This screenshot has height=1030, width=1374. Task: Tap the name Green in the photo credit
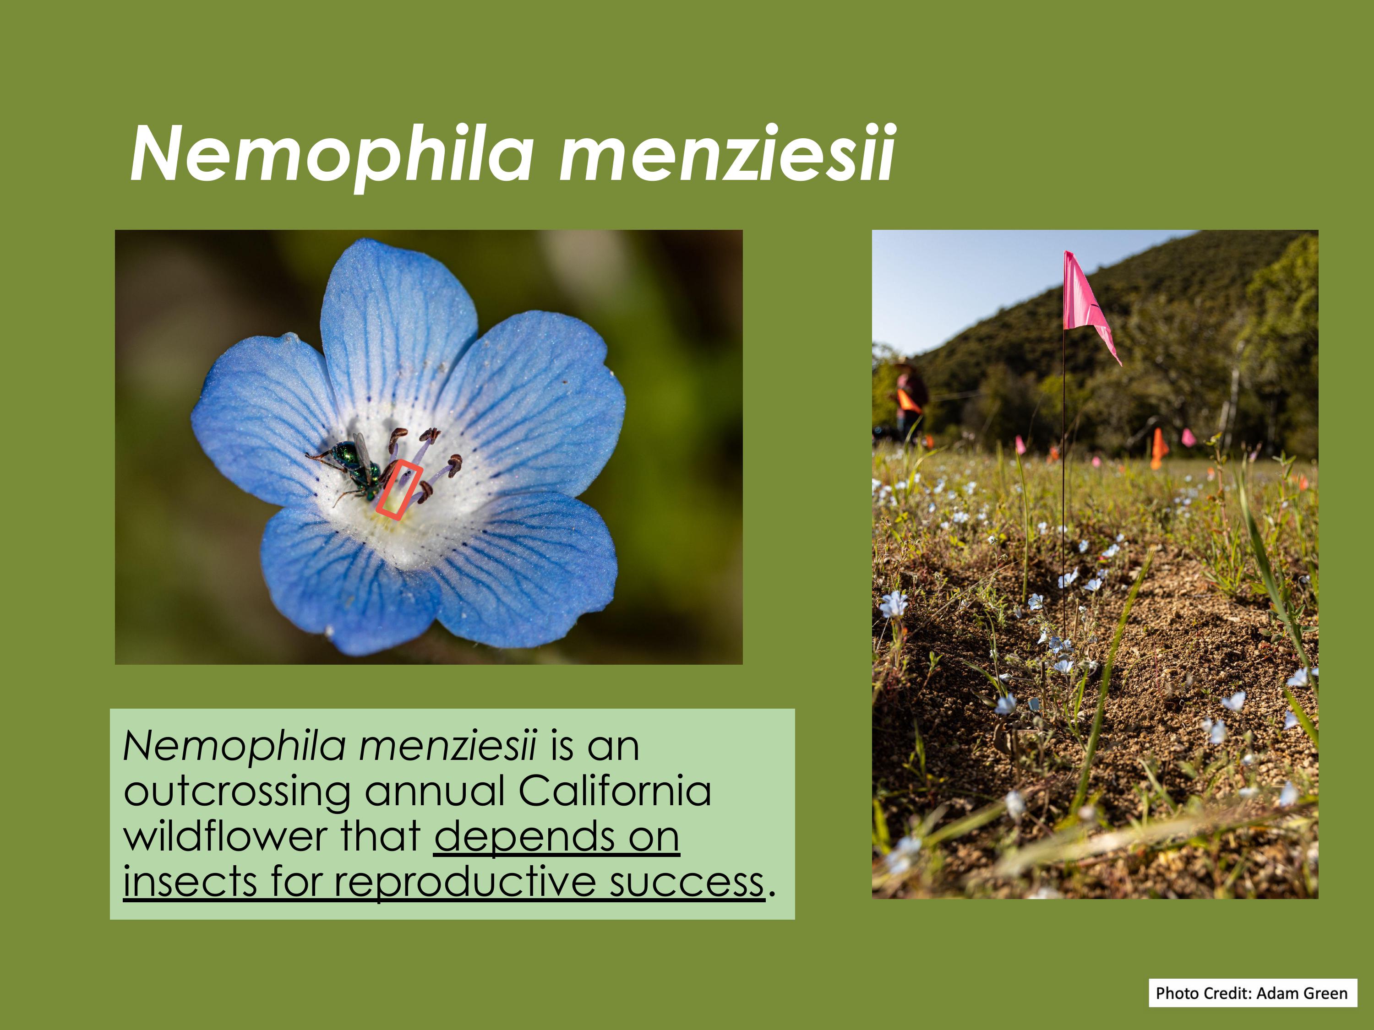coord(1324,1011)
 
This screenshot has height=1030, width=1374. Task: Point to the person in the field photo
coord(910,397)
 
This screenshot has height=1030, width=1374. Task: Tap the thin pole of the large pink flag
coord(1064,497)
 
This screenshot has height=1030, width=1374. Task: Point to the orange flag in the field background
coord(1158,447)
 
